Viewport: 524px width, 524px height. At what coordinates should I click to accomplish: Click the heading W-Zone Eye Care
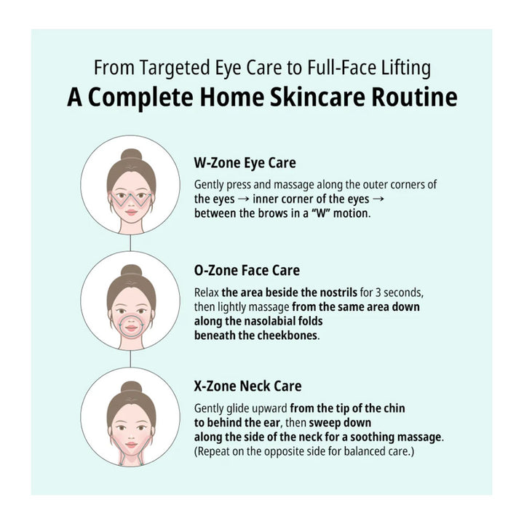point(245,163)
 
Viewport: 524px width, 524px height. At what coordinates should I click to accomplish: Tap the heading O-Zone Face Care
point(247,270)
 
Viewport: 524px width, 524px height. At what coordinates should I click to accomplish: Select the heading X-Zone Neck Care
point(247,386)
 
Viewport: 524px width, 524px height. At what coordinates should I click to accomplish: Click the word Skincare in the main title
point(317,98)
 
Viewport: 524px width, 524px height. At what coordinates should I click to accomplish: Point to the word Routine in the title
point(414,98)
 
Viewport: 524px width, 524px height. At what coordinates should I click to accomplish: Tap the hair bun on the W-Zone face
point(131,155)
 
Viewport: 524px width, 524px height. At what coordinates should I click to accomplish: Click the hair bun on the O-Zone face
point(131,271)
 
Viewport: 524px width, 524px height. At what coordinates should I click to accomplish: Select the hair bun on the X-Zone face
point(131,387)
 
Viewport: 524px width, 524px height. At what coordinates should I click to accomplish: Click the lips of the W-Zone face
point(131,213)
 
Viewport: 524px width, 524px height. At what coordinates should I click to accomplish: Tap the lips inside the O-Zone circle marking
point(131,328)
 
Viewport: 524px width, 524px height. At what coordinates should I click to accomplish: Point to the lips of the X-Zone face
point(131,445)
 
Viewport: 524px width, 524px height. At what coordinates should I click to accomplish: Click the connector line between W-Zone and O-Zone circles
point(130,242)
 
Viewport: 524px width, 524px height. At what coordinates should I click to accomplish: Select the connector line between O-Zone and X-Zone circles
point(130,359)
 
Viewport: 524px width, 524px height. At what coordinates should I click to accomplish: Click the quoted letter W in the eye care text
point(321,213)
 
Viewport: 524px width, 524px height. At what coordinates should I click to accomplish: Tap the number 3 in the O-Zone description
point(378,293)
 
